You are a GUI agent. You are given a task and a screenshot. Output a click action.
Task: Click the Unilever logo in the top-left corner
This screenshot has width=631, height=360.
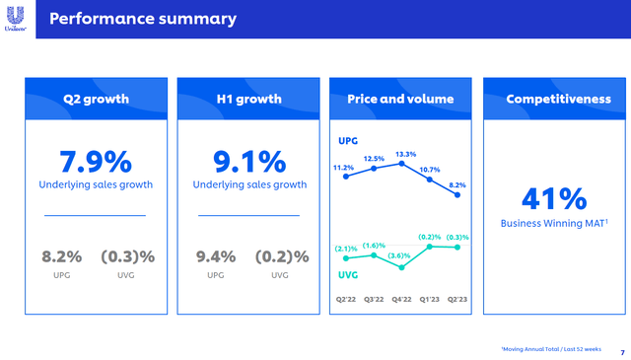[x=17, y=19]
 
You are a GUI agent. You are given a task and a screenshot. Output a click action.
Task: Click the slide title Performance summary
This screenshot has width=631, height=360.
[x=143, y=19]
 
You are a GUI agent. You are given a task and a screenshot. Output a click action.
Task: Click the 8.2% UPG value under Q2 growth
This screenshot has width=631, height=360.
[x=61, y=256]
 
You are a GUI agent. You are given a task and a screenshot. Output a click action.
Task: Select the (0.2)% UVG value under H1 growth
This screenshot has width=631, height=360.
[x=281, y=256]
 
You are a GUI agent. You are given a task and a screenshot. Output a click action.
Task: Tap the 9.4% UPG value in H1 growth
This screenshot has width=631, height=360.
[x=216, y=256]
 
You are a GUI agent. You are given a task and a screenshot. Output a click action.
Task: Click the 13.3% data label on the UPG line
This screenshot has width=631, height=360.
[x=405, y=154]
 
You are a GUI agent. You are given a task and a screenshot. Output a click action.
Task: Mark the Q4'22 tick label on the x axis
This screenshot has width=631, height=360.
[x=402, y=297]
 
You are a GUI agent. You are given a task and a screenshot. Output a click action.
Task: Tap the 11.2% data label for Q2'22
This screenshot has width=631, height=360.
[x=345, y=169]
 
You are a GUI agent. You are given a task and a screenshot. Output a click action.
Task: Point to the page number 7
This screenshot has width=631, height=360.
[x=622, y=352]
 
